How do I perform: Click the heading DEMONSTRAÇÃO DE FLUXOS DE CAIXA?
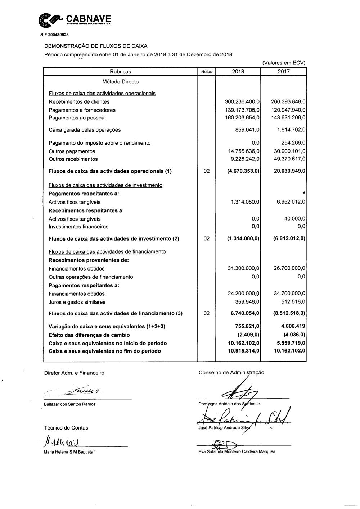point(96,46)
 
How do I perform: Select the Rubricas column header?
point(121,72)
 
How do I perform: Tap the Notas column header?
point(207,72)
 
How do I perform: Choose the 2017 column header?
point(284,72)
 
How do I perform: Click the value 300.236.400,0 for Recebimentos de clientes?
point(242,102)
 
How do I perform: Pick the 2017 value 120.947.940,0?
point(288,110)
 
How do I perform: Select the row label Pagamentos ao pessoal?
point(77,118)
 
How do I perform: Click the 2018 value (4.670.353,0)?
point(244,171)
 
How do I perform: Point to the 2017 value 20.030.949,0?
point(289,171)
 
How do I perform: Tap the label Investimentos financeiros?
point(78,227)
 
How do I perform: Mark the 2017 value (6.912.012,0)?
point(289,238)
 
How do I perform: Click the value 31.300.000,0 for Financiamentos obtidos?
point(244,268)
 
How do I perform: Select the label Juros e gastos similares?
point(77,302)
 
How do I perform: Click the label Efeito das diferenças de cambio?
point(89,335)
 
